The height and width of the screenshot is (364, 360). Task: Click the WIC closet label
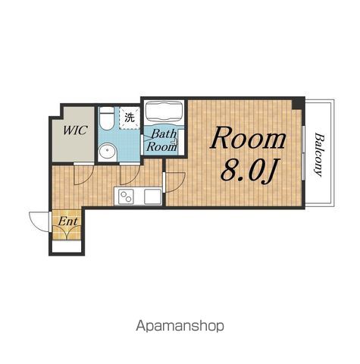pyautogui.click(x=75, y=130)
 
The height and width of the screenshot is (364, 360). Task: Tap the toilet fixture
pyautogui.click(x=106, y=118)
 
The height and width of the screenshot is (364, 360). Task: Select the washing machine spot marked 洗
pyautogui.click(x=130, y=118)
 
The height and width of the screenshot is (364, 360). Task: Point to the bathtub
pyautogui.click(x=164, y=111)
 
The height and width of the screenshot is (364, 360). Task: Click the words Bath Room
pyautogui.click(x=161, y=140)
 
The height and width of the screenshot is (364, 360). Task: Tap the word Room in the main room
pyautogui.click(x=248, y=138)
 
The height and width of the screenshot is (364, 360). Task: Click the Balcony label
pyautogui.click(x=319, y=155)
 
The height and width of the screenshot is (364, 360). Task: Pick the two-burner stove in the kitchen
pyautogui.click(x=127, y=196)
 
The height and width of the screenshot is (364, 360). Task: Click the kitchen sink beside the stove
pyautogui.click(x=152, y=196)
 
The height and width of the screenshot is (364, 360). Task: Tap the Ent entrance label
pyautogui.click(x=67, y=221)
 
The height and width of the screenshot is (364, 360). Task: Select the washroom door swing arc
pyautogui.click(x=133, y=179)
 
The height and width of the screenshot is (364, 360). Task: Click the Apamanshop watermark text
pyautogui.click(x=180, y=326)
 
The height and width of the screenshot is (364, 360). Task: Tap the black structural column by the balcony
pyautogui.click(x=299, y=103)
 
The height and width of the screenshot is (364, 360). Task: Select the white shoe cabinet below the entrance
pyautogui.click(x=67, y=246)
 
